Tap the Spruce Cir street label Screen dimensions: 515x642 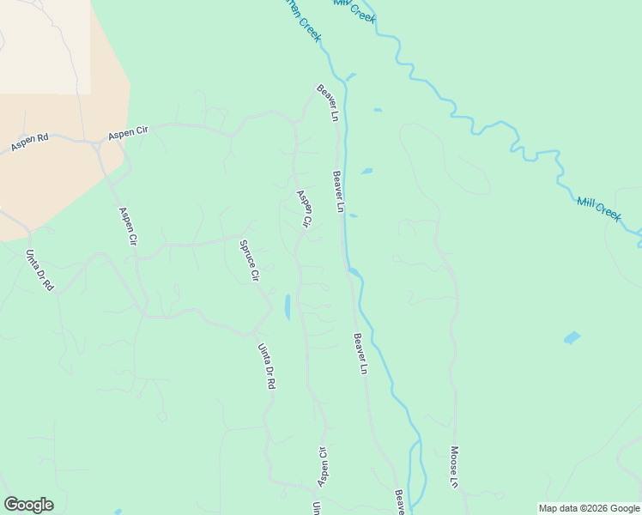click(x=249, y=260)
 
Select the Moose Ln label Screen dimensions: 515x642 click(x=453, y=466)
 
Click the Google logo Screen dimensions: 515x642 click(x=28, y=505)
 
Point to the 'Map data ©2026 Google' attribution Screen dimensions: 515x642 click(x=590, y=508)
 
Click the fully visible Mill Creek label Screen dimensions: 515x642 click(x=599, y=209)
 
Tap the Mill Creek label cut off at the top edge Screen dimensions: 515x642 click(x=354, y=9)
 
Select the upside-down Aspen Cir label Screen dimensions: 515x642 click(x=324, y=466)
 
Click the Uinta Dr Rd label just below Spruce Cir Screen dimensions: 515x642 click(x=266, y=367)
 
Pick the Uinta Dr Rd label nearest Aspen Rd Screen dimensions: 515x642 click(x=39, y=270)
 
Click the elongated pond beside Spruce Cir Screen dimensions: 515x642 click(x=287, y=306)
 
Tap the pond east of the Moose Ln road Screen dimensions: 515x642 click(x=572, y=337)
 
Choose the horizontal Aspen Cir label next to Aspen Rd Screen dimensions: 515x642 click(x=129, y=132)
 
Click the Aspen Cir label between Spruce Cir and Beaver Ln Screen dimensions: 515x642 click(x=303, y=209)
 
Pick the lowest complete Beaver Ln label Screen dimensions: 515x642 click(x=360, y=353)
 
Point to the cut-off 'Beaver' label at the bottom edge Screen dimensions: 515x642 click(x=399, y=502)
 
